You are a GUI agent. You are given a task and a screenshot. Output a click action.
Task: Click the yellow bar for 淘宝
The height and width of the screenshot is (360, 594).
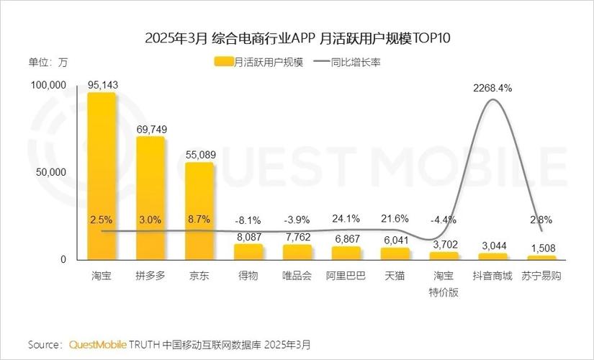coord(102,176)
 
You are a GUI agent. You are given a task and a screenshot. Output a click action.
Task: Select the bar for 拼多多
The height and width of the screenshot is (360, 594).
coord(150,198)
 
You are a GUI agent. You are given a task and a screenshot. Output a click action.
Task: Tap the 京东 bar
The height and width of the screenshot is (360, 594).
coord(199,210)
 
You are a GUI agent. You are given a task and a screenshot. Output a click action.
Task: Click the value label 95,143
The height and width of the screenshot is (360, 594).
coord(102,85)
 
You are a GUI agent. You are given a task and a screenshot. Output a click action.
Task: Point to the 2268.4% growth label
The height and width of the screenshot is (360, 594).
coord(492,89)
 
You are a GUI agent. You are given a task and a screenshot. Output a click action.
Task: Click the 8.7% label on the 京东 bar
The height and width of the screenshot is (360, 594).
coord(199,219)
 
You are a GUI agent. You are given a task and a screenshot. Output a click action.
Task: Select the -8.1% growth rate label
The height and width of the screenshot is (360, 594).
coord(248,220)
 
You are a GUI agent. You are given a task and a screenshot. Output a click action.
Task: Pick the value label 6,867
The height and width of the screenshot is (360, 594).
coord(346,238)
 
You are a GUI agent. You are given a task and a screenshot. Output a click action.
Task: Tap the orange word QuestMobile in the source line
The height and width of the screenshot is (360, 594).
coord(97,343)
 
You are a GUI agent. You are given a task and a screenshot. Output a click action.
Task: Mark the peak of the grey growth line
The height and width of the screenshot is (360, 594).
coord(492,100)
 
